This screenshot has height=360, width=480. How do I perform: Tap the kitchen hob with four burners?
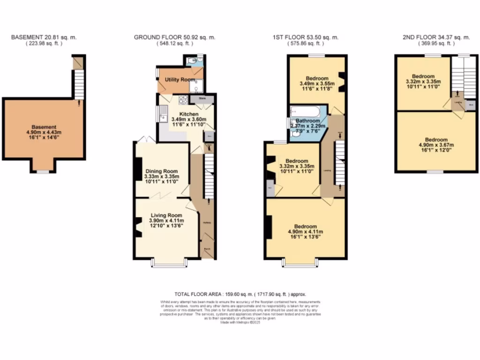(182, 100)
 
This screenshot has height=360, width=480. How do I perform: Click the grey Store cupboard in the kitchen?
(202, 99)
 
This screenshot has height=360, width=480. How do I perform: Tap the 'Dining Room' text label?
(162, 171)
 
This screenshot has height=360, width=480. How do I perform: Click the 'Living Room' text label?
(163, 215)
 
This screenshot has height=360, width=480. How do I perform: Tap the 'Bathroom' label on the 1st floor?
(307, 120)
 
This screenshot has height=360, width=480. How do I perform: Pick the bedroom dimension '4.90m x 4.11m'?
(305, 232)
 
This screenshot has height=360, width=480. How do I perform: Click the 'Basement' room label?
(44, 127)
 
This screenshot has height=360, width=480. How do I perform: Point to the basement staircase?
(78, 84)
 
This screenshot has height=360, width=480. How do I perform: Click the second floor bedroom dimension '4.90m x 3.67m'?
(436, 145)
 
